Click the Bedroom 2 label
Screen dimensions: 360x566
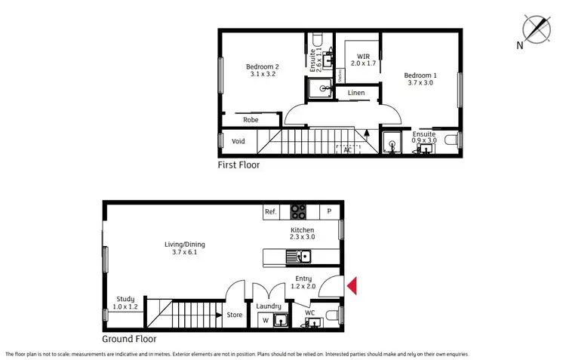[x=262, y=71]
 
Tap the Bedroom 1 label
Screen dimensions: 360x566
[x=420, y=79]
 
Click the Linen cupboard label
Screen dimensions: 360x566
[x=356, y=93]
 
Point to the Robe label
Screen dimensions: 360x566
[x=251, y=119]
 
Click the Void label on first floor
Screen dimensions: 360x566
[x=238, y=141]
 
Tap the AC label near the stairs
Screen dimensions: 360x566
[x=348, y=150]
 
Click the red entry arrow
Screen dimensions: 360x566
[x=352, y=285]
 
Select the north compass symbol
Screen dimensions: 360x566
[x=539, y=29]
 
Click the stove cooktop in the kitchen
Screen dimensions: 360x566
[x=299, y=212]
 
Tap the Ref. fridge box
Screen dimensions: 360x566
[x=271, y=212]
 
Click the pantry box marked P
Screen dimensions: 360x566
[x=329, y=212]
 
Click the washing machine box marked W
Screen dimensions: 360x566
[x=264, y=321]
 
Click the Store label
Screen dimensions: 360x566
[x=235, y=315]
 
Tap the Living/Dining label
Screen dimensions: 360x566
[x=185, y=248]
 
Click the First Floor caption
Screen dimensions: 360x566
[x=238, y=165]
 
